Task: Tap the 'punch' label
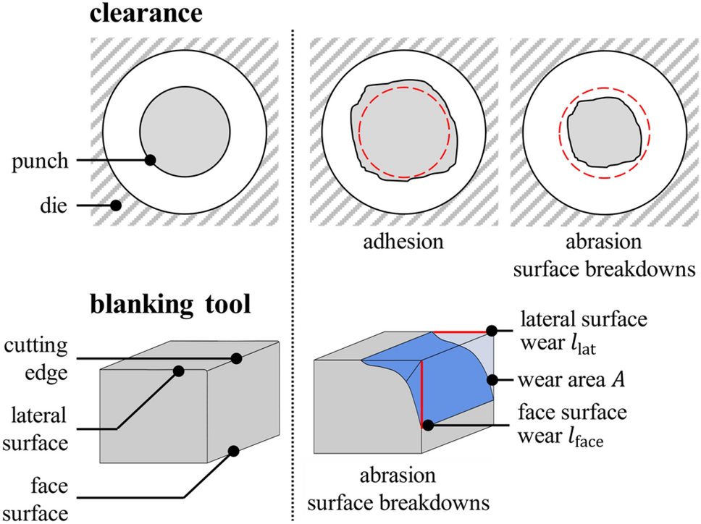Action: coord(40,161)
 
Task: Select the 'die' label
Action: coord(53,206)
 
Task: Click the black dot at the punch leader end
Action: coord(150,160)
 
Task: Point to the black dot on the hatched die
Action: coord(116,206)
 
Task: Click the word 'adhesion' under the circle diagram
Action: coord(403,242)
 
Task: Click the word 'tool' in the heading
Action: coord(228,305)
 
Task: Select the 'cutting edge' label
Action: coord(36,359)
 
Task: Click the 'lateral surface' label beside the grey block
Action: coord(35,429)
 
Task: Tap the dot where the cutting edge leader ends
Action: coord(237,358)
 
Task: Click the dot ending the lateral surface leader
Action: coord(178,371)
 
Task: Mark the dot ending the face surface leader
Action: coord(233,451)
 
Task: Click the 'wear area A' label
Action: coord(571,380)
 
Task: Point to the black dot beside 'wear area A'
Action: coord(492,380)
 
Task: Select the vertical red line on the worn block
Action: coord(421,394)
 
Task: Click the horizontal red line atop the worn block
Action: coord(462,331)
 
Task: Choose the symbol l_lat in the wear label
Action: coord(580,345)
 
